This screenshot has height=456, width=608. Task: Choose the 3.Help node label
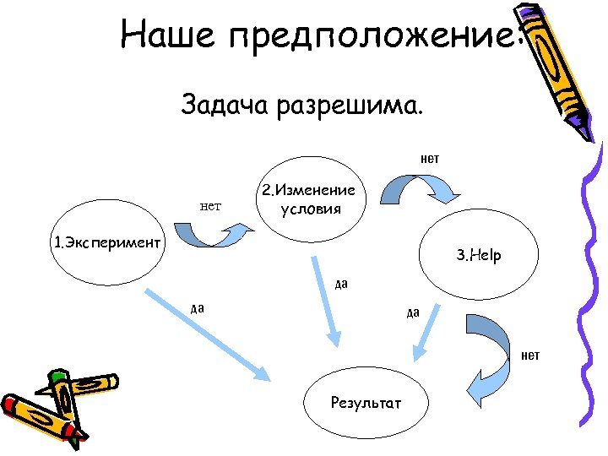479,254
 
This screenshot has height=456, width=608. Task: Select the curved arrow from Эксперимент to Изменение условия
212,234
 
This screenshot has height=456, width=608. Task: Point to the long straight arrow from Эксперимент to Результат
208,334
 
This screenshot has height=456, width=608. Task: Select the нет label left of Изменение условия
210,204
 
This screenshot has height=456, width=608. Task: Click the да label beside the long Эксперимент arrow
198,307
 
